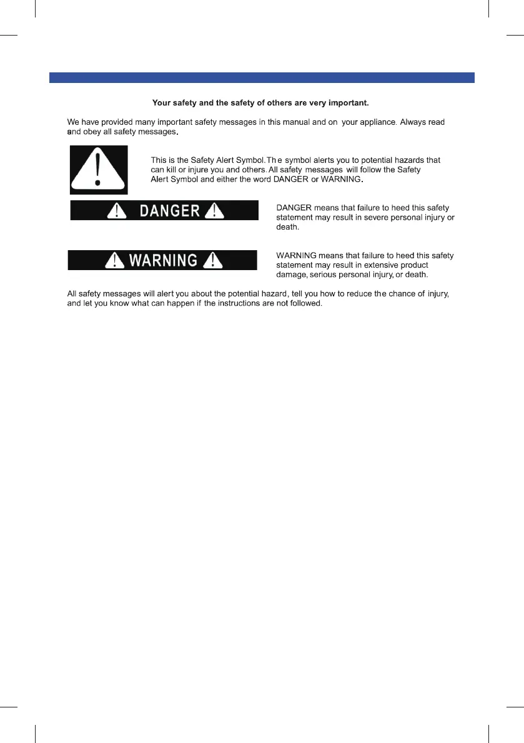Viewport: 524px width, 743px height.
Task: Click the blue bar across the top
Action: (x=262, y=78)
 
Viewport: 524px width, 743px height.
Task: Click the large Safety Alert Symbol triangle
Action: (x=99, y=169)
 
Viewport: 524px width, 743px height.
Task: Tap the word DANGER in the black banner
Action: (x=169, y=211)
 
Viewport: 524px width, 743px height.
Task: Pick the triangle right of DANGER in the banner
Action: (x=214, y=211)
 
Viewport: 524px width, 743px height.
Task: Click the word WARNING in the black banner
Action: (x=162, y=260)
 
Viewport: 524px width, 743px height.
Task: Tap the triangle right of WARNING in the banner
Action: (x=212, y=260)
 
